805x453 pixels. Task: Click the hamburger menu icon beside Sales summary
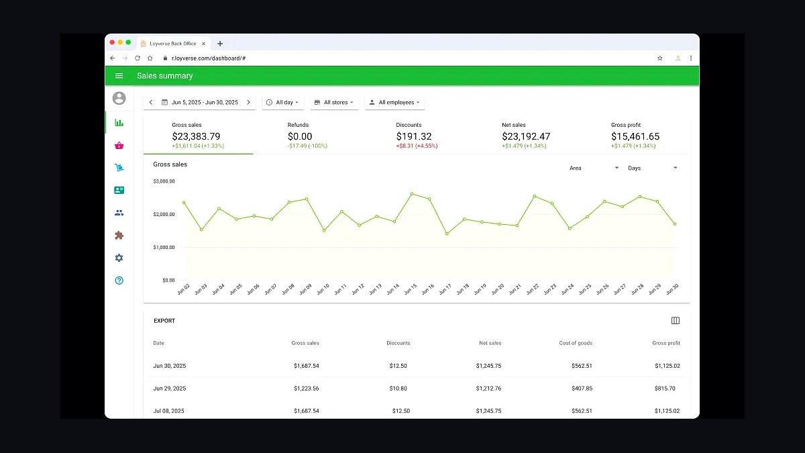coord(119,76)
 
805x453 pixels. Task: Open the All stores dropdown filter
coord(334,103)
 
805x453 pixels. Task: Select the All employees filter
coord(394,103)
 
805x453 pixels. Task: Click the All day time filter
coord(282,103)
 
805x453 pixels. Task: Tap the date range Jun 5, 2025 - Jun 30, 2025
coord(205,103)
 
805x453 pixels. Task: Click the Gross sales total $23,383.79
coord(196,136)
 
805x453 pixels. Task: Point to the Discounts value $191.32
coord(414,136)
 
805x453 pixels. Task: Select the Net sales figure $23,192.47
coord(526,136)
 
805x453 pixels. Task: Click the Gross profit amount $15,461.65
coord(635,136)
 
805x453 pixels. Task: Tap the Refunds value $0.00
coord(300,136)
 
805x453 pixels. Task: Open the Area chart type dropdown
coord(594,168)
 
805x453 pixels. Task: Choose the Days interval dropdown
coord(652,168)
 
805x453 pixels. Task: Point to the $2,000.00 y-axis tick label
coord(164,214)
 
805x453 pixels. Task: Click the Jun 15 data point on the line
coord(412,194)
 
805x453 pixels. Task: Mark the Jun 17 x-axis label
coord(445,289)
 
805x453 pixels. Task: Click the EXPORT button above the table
coord(164,321)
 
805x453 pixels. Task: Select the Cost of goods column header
coord(576,343)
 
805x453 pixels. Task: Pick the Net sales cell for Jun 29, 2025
coord(488,389)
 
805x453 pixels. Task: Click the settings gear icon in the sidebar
coord(119,258)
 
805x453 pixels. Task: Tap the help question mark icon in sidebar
coord(119,281)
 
